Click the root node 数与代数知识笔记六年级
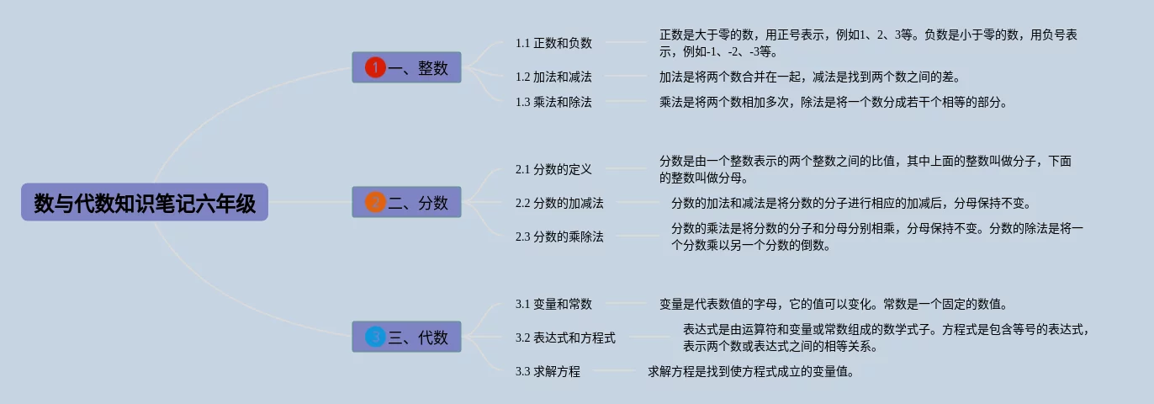point(145,203)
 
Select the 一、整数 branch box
point(406,68)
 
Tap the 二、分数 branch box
point(406,203)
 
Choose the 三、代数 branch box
point(406,338)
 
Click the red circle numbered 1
point(375,67)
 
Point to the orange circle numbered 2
point(375,202)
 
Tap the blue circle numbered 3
point(375,337)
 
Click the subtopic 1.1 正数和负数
point(553,43)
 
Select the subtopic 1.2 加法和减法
point(553,77)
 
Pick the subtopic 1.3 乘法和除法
point(553,102)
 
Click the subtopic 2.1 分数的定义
point(553,169)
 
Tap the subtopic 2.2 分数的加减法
point(559,203)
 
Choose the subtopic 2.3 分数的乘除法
point(559,237)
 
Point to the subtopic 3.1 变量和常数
point(553,304)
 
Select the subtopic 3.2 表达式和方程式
point(565,338)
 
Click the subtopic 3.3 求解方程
point(548,371)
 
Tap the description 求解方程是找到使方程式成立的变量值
point(751,371)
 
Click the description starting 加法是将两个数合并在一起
point(809,77)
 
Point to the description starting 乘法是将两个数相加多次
point(833,102)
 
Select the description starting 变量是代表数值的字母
point(833,304)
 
